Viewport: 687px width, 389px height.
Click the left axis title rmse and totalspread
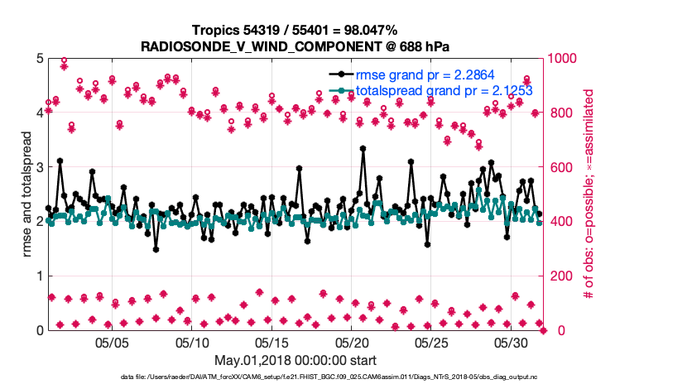[27, 194]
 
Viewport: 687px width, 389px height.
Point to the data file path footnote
[295, 377]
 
